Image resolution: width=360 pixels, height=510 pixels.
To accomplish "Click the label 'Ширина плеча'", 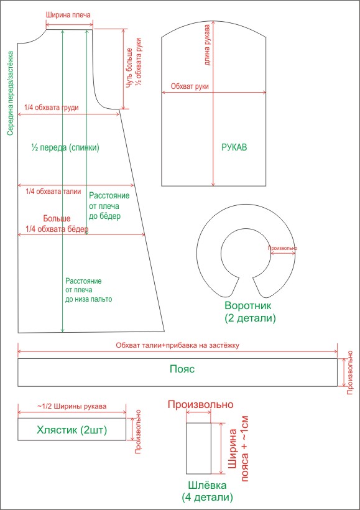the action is pos(68,15).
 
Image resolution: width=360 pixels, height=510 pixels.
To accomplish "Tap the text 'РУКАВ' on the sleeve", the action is pos(234,147).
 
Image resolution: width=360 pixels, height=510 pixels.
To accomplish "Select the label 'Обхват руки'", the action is pos(190,86).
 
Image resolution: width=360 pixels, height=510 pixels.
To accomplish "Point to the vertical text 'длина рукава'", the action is pos(207,45).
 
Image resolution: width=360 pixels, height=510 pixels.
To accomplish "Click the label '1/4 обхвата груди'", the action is pos(52,108).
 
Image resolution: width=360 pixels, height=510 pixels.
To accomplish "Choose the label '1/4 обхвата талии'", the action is pos(53,192).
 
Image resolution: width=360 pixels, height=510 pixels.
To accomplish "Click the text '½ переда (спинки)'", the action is pos(65,147).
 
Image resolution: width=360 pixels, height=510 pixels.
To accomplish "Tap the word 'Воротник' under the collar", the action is pos(248,306).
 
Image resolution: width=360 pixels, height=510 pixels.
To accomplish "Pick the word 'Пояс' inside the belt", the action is pos(182,369).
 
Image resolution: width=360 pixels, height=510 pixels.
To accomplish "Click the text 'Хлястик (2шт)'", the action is pos(72,430).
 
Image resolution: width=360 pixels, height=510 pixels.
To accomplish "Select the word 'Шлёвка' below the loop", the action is pos(207,486).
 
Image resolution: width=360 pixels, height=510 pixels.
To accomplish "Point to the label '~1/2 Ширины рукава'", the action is pos(72,406).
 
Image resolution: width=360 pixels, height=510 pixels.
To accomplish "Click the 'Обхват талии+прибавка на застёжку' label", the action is pos(178,345).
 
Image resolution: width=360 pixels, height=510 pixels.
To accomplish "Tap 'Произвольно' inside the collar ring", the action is pos(282,248).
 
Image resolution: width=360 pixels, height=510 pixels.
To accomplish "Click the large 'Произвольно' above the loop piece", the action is pos(201,405).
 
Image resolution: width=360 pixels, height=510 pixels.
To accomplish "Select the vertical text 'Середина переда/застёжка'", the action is pos(11,93).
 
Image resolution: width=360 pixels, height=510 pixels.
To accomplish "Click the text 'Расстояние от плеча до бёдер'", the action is pos(109,206).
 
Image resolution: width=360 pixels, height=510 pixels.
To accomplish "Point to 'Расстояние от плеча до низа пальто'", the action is pos(88,290).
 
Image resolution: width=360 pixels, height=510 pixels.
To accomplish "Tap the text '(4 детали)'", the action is pos(208,498).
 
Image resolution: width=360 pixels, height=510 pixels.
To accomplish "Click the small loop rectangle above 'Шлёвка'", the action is pos(199,448).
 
